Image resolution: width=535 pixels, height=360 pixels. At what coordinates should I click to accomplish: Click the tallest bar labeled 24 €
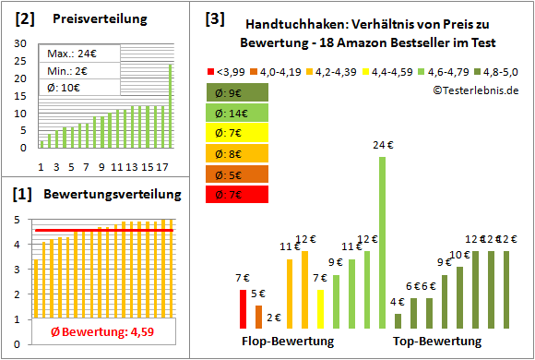coord(382,242)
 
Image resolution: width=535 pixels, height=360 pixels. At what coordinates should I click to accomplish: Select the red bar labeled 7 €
coord(243,309)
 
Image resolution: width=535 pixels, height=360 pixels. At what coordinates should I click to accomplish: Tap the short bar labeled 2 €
coord(274,326)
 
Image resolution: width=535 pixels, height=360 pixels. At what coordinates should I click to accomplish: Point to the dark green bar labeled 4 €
coord(398,321)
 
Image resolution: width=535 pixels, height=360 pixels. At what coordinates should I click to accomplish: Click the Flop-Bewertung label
coord(287,342)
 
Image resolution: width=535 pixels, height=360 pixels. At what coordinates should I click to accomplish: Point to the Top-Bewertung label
coord(437,342)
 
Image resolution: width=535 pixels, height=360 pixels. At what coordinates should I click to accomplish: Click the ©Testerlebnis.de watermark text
coord(474,90)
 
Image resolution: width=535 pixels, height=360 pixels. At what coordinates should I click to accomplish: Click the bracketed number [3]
coord(214,18)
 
